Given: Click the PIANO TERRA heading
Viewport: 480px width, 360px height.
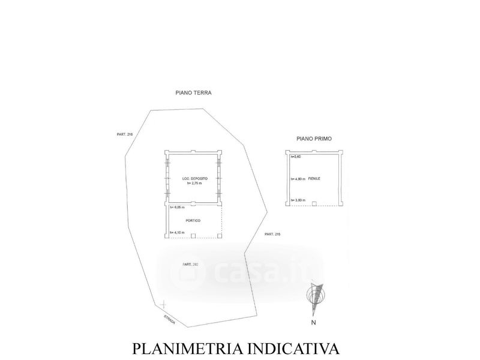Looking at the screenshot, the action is [194, 93].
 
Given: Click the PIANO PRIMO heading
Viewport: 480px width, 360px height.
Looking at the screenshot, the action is [314, 138].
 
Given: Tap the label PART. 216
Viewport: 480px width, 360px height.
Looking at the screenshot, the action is [125, 134].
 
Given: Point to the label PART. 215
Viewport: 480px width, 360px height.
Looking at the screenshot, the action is [272, 234].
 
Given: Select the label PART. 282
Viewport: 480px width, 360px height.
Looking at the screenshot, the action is [191, 265].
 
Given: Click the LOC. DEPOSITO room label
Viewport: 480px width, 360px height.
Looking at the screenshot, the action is [194, 179].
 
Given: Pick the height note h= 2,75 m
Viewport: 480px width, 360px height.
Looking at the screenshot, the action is [194, 184].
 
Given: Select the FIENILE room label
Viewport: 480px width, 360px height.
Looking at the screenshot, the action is [314, 179].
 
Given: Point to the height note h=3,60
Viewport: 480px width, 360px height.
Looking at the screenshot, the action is [295, 157].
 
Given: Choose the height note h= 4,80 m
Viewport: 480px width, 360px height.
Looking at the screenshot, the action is [298, 179].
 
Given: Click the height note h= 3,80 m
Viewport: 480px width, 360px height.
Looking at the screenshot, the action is [298, 200].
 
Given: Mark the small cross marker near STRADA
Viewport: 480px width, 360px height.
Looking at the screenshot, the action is [163, 305].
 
